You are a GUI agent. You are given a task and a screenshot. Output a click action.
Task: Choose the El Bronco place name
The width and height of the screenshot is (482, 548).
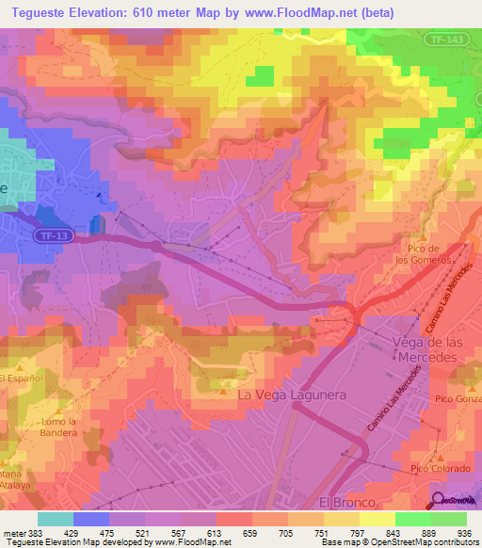click(x=341, y=502)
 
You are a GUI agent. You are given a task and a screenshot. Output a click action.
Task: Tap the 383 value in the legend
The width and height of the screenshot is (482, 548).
click(x=34, y=532)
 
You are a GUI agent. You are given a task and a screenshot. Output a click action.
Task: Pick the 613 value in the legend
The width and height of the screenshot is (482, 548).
click(x=218, y=532)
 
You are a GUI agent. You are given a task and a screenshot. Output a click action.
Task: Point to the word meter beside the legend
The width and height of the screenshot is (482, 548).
click(x=11, y=532)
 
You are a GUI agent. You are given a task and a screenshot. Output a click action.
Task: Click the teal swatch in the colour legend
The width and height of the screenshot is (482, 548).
click(x=56, y=519)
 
